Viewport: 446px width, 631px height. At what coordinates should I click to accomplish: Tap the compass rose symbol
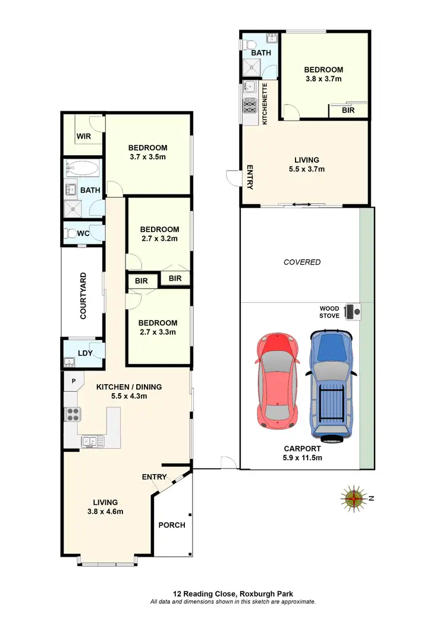(x=354, y=498)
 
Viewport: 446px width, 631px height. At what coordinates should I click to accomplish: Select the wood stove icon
(x=356, y=310)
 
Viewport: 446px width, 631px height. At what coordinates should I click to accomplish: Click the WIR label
(x=83, y=136)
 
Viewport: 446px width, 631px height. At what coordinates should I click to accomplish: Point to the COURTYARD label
(x=83, y=296)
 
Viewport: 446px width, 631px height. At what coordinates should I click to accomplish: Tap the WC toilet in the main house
(x=71, y=233)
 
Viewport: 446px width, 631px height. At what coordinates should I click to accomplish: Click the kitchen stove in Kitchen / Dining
(x=73, y=414)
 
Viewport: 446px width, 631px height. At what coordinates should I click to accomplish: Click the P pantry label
(x=74, y=381)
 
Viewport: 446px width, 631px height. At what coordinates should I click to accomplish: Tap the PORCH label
(x=171, y=525)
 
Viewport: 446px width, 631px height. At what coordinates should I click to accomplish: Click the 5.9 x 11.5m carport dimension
(x=302, y=458)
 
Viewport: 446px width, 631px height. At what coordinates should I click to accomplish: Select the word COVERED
(x=302, y=262)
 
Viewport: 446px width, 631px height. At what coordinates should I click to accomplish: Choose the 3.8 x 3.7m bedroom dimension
(x=323, y=79)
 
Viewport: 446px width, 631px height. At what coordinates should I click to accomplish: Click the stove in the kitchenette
(x=249, y=107)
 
